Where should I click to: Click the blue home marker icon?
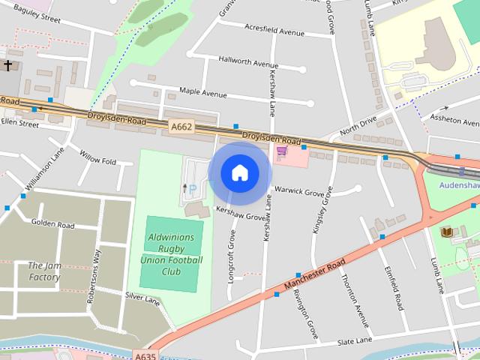[240, 172]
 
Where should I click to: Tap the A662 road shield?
[181, 127]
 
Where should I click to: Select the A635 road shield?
[146, 355]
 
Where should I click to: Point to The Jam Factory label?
[44, 271]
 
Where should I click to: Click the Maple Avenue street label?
[202, 94]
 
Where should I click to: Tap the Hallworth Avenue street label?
[248, 63]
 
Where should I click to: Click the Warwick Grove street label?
[298, 191]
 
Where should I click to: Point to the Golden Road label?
[52, 224]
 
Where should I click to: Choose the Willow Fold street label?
[97, 160]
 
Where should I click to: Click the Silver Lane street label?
[142, 299]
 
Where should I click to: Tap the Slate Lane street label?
[354, 341]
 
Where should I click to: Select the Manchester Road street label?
[314, 276]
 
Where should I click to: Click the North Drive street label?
[358, 124]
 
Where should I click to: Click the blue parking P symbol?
[192, 188]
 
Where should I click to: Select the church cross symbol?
[8, 66]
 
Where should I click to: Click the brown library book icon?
[447, 232]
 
